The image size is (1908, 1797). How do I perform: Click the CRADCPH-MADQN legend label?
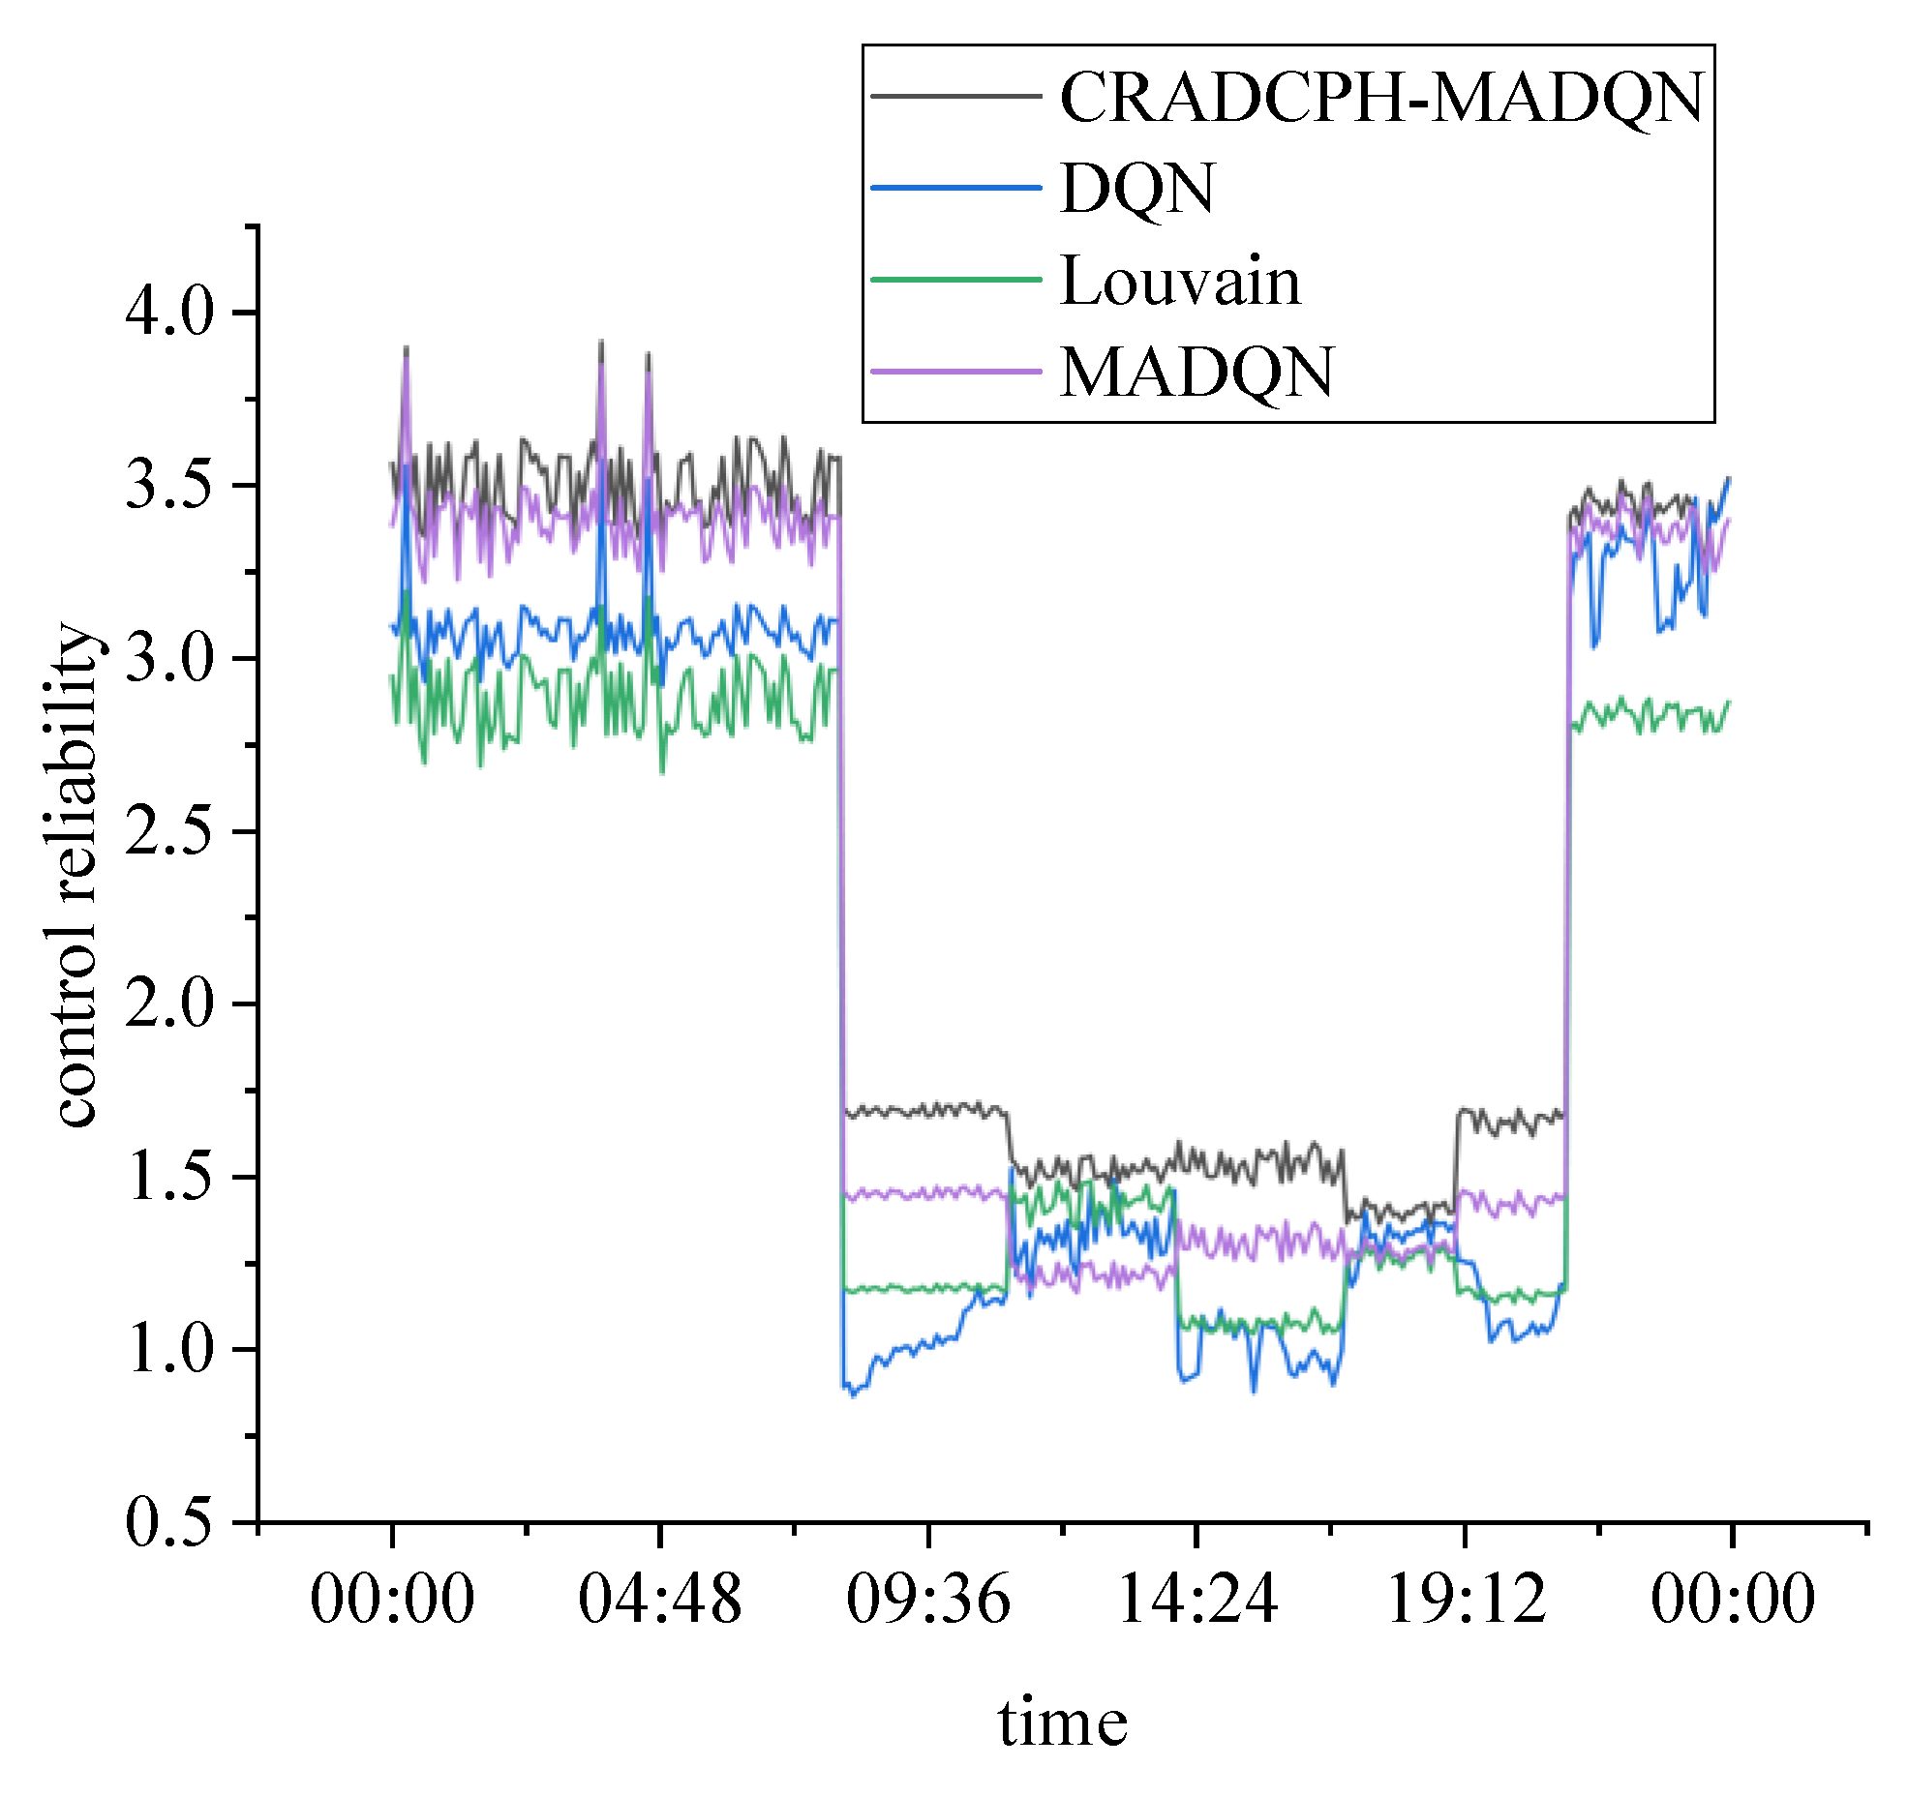click(1381, 98)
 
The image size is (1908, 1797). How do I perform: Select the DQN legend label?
click(1137, 189)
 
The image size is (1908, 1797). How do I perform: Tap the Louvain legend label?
click(1180, 282)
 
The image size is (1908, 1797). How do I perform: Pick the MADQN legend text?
click(1196, 373)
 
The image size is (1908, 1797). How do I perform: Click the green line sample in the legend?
click(955, 280)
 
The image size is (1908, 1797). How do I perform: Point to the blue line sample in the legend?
click(955, 187)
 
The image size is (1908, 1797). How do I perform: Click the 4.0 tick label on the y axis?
click(169, 313)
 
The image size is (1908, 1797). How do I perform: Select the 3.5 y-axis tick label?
click(169, 485)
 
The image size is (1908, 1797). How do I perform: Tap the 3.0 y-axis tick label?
click(169, 658)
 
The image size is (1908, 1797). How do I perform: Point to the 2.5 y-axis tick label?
click(169, 831)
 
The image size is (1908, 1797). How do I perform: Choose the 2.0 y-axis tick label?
click(169, 1003)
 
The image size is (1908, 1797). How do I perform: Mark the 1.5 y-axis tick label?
click(169, 1177)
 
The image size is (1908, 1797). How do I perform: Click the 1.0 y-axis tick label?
click(169, 1349)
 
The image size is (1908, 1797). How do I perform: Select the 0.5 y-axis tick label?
click(169, 1522)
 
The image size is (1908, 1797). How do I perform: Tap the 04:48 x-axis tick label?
click(660, 1599)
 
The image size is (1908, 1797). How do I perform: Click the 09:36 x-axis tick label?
click(928, 1599)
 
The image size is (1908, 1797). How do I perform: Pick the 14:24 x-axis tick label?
click(1196, 1599)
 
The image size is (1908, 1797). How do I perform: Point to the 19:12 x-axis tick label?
click(1465, 1599)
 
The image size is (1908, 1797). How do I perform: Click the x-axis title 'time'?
click(1063, 1723)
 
